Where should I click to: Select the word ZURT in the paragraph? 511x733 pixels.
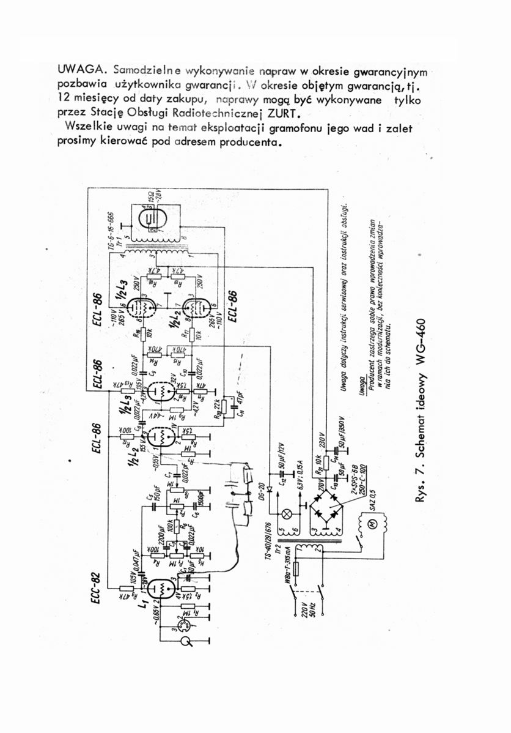click(x=277, y=114)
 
